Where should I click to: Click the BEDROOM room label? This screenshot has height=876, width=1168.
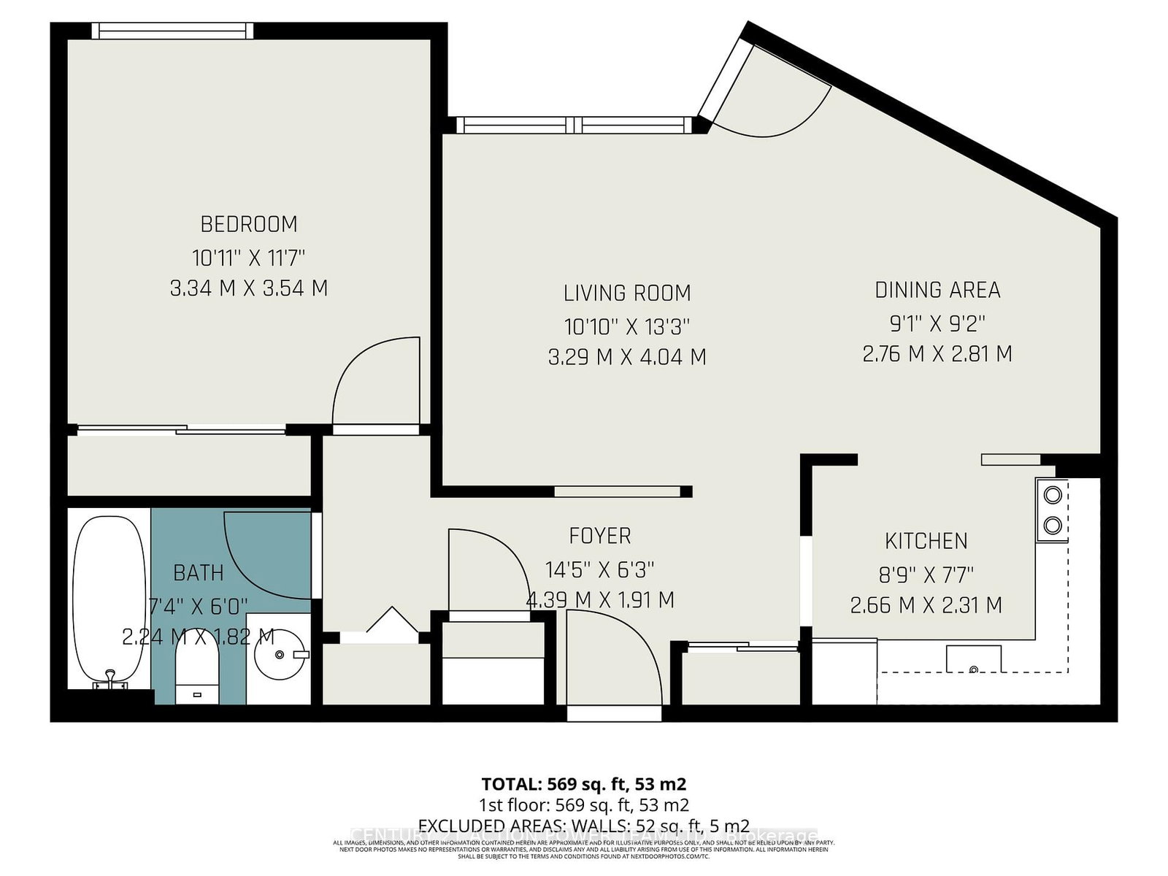[249, 223]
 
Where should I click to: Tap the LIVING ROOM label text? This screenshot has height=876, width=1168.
[627, 293]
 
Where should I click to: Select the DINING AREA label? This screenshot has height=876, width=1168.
[937, 291]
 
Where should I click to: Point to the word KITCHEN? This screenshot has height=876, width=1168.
[926, 541]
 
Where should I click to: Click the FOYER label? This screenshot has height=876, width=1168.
[600, 536]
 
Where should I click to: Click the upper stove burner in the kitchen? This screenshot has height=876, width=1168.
[1052, 495]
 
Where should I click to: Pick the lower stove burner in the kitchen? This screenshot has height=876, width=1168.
[1052, 524]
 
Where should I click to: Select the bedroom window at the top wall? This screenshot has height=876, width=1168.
[173, 30]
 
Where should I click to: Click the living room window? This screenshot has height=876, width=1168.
[575, 125]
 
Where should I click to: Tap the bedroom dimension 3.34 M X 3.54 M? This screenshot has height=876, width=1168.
[249, 288]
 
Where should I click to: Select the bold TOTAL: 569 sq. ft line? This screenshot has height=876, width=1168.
[584, 784]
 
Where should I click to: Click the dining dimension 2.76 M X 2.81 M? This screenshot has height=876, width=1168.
[937, 354]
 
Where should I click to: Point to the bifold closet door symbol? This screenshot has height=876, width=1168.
[392, 620]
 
